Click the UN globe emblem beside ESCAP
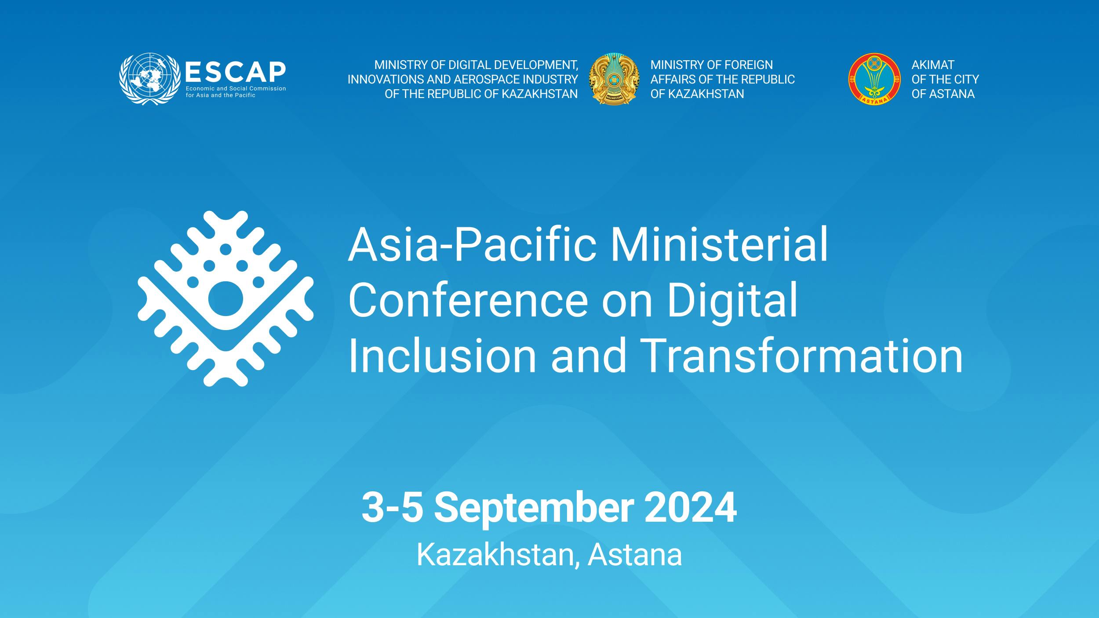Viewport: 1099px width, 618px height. pos(149,79)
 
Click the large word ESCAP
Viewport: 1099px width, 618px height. pos(236,72)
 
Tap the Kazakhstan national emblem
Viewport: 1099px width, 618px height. pos(614,79)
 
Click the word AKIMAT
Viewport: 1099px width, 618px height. pos(932,65)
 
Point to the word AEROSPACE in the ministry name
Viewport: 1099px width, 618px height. pos(495,80)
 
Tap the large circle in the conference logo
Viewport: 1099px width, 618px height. pos(226,299)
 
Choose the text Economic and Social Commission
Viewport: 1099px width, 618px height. pos(236,88)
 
